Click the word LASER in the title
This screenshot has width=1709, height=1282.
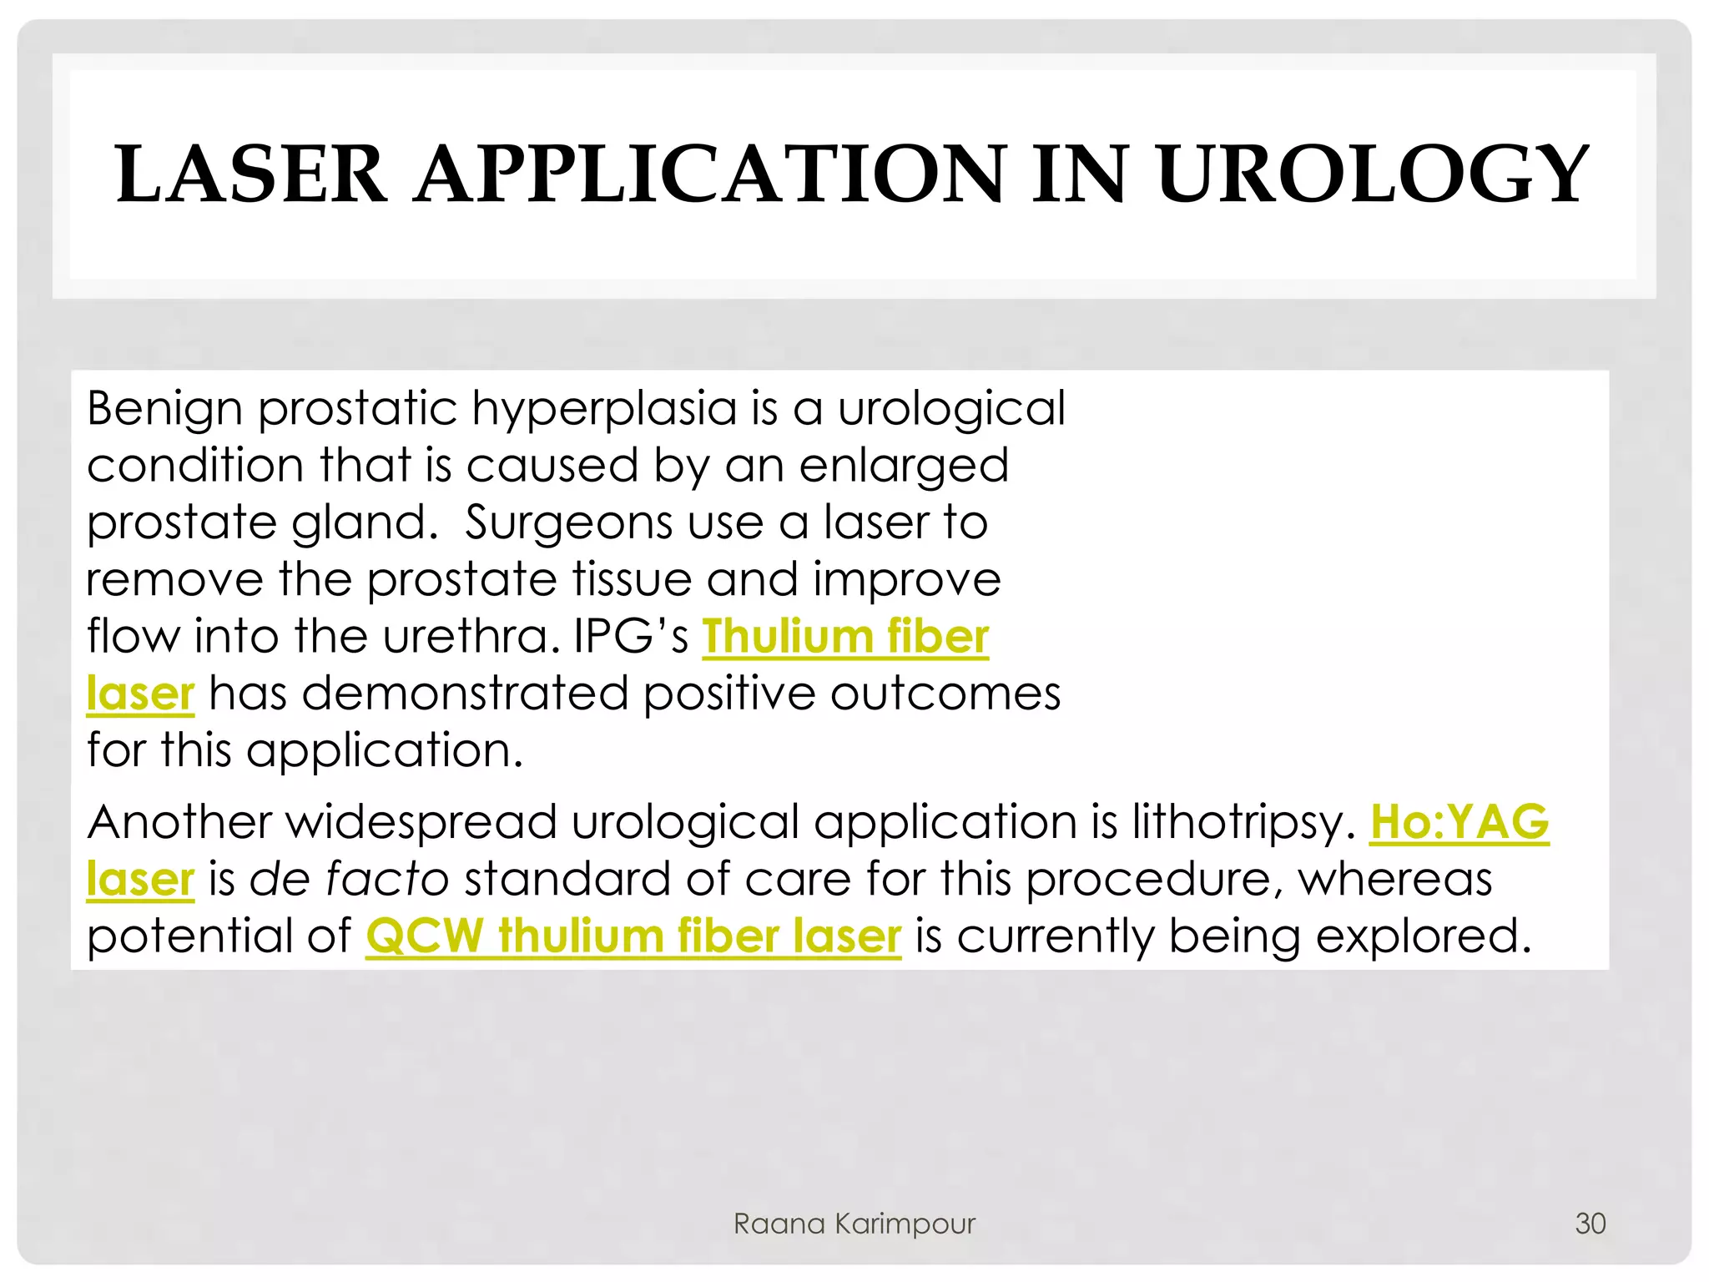[x=251, y=174]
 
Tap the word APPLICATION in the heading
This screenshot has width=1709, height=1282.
[x=709, y=174]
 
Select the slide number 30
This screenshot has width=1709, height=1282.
[x=1590, y=1224]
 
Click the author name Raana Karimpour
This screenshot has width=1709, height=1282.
[x=854, y=1224]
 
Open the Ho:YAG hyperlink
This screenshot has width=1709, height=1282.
[x=1459, y=822]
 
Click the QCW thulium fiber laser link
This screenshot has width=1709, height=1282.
[x=633, y=936]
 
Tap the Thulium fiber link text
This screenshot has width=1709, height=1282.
[x=844, y=637]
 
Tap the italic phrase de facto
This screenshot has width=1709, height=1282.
[x=349, y=880]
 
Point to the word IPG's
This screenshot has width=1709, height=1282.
[x=631, y=637]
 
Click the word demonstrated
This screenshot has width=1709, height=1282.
[x=465, y=694]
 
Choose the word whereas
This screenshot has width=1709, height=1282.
[x=1394, y=880]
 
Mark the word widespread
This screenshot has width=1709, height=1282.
[x=421, y=823]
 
